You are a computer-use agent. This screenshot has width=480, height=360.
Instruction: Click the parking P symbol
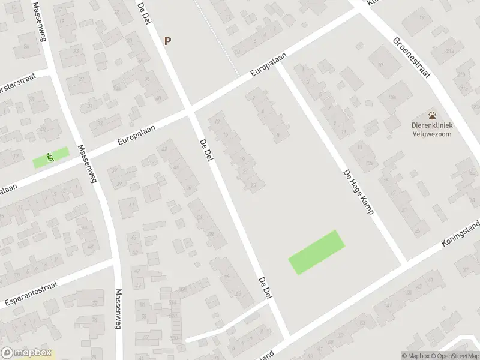click(x=168, y=41)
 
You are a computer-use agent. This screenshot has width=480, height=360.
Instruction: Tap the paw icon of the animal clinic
click(x=432, y=115)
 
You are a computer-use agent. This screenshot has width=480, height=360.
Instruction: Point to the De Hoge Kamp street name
click(x=359, y=193)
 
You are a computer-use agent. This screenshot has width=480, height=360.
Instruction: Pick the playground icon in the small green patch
click(x=50, y=158)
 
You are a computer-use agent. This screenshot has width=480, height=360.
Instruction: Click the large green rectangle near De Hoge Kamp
click(x=317, y=253)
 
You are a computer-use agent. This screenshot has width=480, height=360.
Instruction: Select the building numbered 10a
click(x=392, y=96)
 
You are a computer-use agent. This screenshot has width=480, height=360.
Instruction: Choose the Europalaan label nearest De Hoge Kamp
click(x=268, y=64)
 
